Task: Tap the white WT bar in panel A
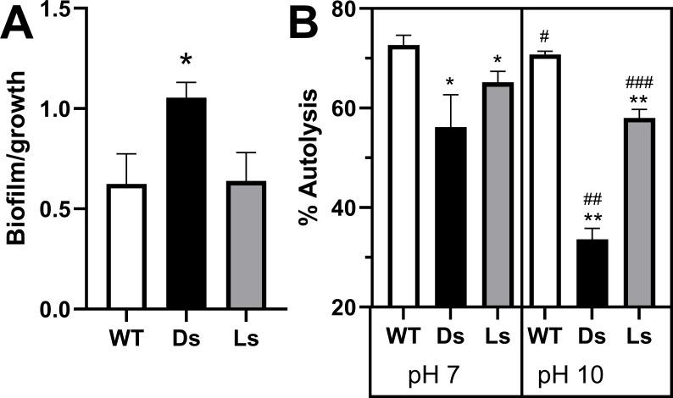(127, 246)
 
